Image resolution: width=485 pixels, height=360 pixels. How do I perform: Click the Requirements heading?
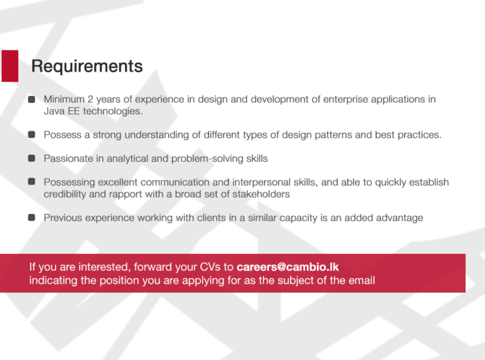[87, 66]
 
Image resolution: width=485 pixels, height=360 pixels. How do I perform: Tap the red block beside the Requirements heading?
[9, 66]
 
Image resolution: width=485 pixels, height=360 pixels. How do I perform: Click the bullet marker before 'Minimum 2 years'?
[31, 100]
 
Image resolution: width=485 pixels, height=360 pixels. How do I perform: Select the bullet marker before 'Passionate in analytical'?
[31, 159]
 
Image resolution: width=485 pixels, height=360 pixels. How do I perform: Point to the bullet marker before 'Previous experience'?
[31, 218]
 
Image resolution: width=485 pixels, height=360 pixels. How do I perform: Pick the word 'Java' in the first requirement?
[54, 111]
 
